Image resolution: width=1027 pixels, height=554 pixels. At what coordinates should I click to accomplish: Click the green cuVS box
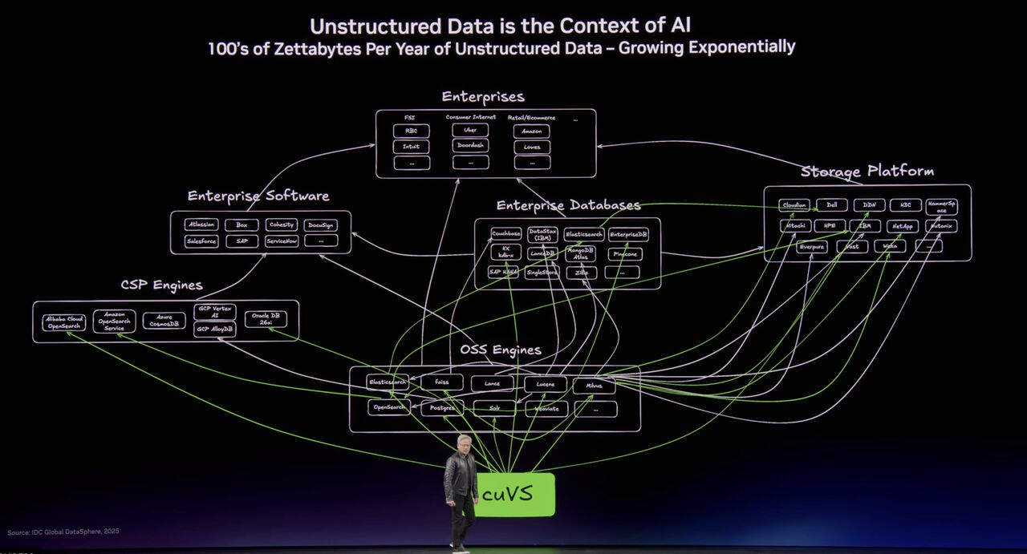coord(514,494)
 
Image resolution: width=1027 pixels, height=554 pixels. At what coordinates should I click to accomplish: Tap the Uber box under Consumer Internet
coord(470,130)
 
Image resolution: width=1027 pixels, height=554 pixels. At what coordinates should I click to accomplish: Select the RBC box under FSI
coord(411,131)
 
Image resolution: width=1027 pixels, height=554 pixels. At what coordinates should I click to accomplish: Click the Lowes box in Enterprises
coord(532,147)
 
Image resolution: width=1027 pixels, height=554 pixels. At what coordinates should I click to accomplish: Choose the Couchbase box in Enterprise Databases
coord(506,234)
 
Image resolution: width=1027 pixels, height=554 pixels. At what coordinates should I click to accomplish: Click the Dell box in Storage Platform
coord(831,205)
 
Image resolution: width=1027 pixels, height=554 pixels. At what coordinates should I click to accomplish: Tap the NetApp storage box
coord(903,226)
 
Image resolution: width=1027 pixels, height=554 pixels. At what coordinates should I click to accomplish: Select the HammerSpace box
coord(941,206)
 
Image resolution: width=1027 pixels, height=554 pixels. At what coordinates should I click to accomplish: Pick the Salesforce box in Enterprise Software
coord(201,241)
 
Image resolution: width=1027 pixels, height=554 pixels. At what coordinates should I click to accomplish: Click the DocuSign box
coord(321,225)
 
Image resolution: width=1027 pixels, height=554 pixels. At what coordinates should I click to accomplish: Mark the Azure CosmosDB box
coord(164,321)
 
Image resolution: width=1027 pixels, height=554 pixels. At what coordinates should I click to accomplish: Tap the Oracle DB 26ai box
coord(266,319)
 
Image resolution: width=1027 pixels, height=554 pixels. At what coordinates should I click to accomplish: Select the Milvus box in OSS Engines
coord(594,386)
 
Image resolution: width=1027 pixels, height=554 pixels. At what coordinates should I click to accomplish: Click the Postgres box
coord(442,408)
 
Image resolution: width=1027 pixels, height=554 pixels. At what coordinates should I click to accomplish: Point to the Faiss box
coord(441,383)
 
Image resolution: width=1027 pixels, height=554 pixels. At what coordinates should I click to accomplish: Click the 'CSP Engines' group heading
coord(161,285)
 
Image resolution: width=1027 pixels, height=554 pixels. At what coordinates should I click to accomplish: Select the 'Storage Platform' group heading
coord(867,172)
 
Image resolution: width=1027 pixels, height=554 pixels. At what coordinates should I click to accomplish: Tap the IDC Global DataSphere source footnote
coord(63,532)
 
